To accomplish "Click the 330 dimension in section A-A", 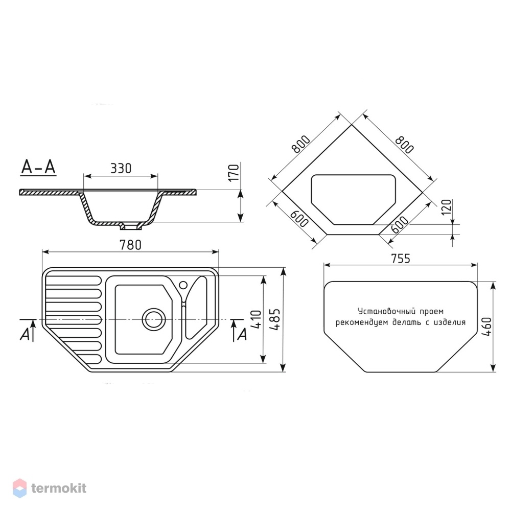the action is (121, 168).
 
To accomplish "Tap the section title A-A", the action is (38, 167).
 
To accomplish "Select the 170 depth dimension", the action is (234, 173).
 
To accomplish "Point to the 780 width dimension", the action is (130, 245).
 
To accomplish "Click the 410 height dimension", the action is (257, 319).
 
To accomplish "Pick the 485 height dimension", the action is (275, 320).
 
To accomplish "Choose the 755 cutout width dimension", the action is (401, 259).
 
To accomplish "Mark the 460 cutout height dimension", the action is (486, 327).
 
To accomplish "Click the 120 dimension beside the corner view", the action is (446, 207).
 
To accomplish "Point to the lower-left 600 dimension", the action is (299, 219).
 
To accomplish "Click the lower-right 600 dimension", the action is (399, 224).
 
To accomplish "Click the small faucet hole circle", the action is (183, 285).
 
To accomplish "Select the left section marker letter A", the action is (25, 334).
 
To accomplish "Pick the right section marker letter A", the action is (242, 335).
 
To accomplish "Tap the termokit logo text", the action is (59, 488).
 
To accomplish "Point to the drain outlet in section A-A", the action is (130, 225).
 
